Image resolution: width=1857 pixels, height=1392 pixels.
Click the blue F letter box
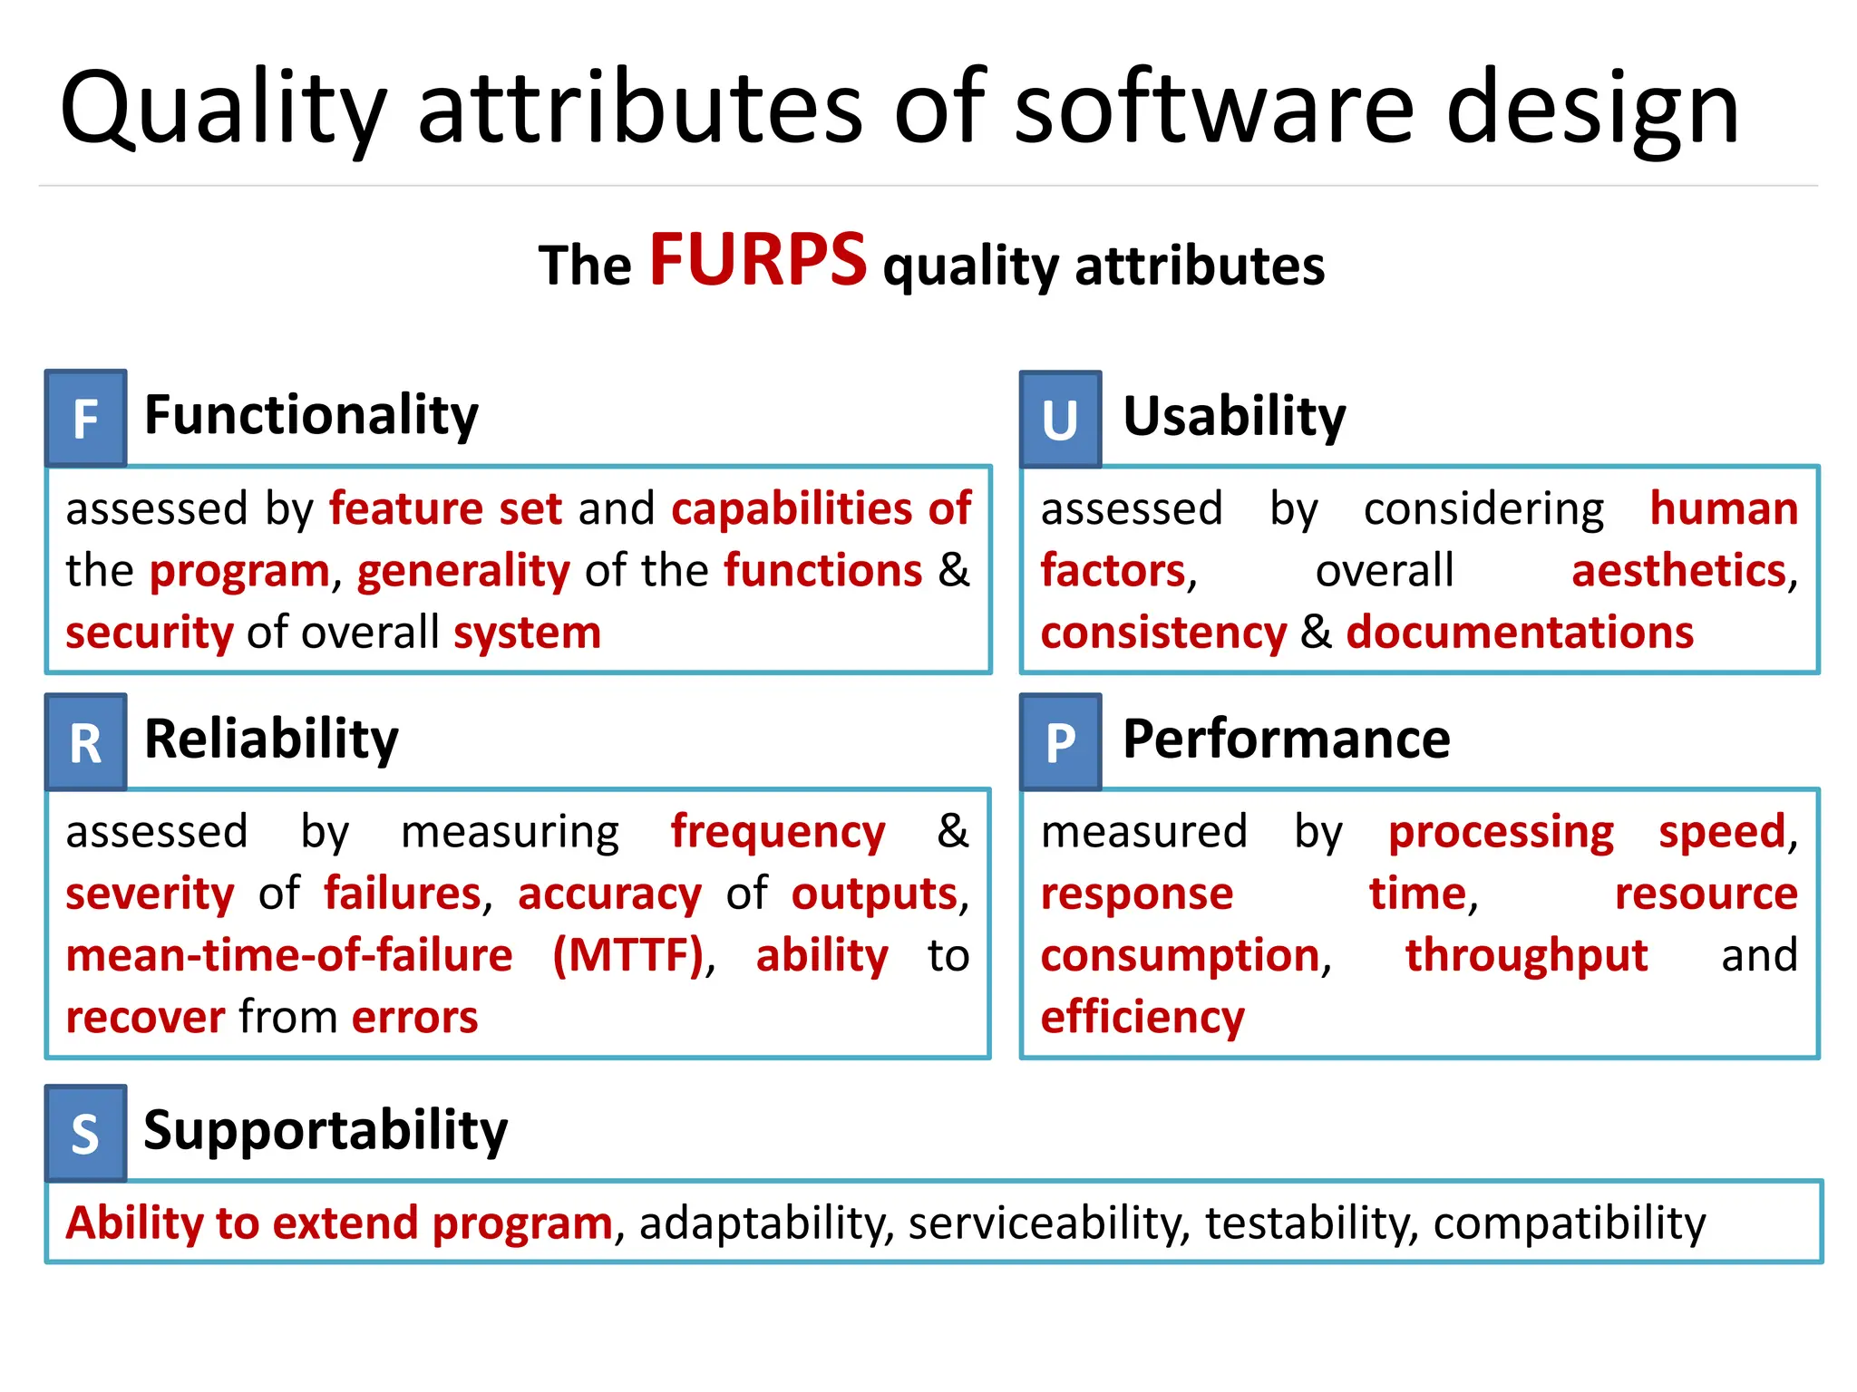coord(86,419)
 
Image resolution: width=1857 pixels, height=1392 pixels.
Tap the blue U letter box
coord(1060,420)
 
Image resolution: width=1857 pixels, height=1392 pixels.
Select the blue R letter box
coord(86,742)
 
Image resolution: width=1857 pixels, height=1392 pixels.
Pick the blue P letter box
coord(1060,742)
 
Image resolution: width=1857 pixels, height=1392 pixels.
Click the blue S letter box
coord(86,1134)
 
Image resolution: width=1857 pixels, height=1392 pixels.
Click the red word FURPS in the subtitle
coord(758,261)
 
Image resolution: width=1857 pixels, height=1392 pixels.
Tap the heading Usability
coord(1234,417)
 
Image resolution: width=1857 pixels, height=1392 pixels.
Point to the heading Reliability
coord(271,739)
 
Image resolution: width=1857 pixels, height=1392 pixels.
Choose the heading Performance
coord(1286,739)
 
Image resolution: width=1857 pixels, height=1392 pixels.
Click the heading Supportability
coord(326,1130)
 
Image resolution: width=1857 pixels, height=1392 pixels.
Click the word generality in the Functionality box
coord(463,572)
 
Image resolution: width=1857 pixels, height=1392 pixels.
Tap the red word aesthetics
coord(1678,571)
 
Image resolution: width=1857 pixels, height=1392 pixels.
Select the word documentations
coord(1520,633)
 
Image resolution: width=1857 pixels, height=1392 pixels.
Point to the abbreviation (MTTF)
coord(628,956)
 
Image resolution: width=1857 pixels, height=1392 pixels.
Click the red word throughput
coord(1526,956)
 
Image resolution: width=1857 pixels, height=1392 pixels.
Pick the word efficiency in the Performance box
coord(1142,1018)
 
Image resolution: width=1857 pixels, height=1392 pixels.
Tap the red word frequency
coord(777,833)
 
